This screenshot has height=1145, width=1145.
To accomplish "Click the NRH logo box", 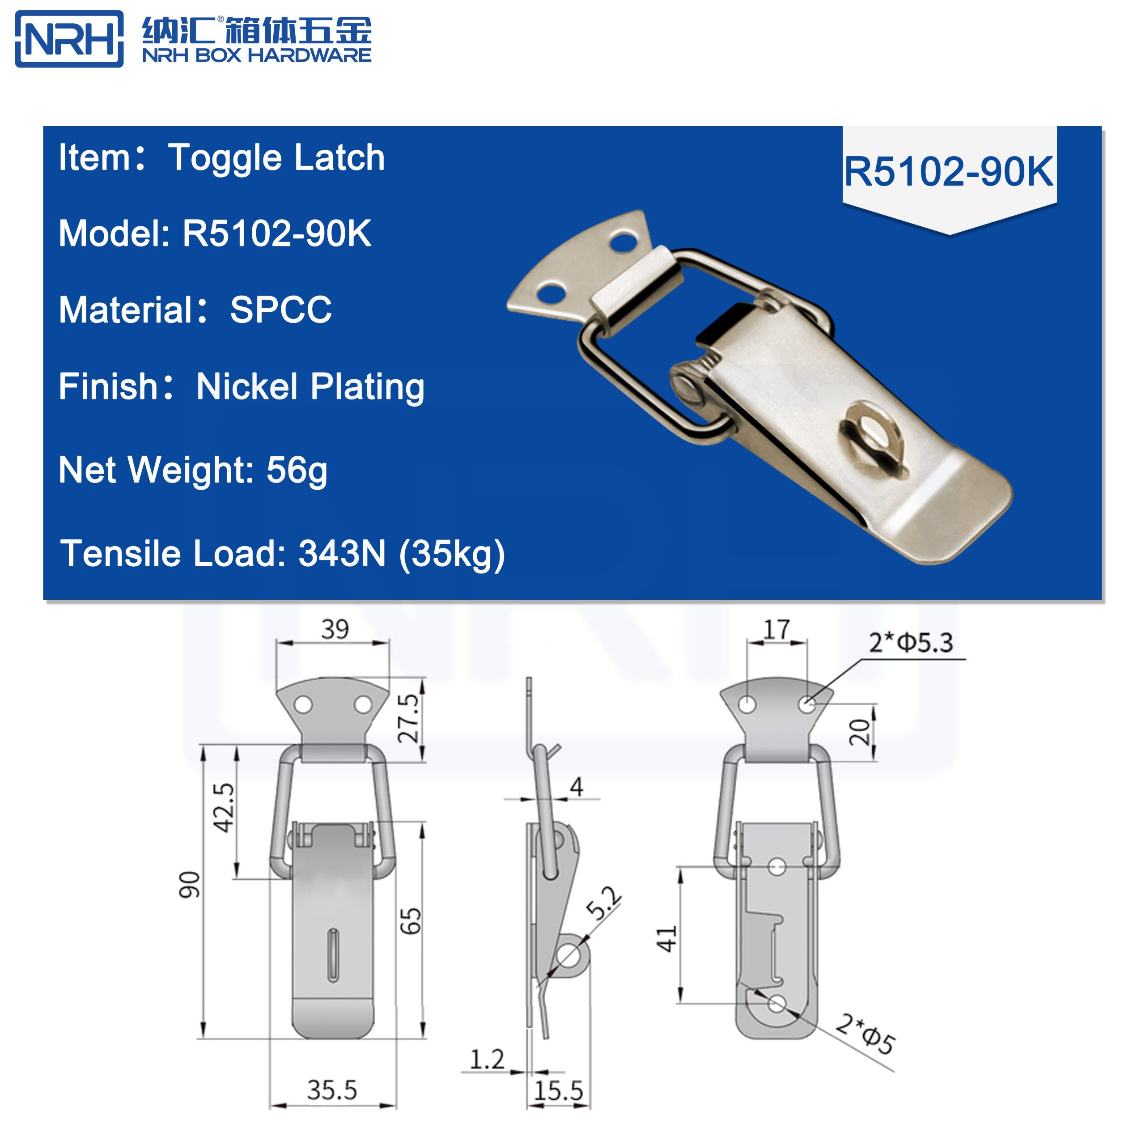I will (x=69, y=38).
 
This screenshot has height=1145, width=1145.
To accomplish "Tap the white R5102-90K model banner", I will (x=948, y=172).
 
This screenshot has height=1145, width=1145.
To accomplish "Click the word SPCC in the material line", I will (x=280, y=310).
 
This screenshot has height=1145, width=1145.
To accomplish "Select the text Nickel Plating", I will (x=310, y=387).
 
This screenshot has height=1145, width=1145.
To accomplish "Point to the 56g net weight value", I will (x=297, y=470).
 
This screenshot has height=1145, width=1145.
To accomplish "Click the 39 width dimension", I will (x=335, y=629).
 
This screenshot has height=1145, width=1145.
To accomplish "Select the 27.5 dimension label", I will (x=408, y=718).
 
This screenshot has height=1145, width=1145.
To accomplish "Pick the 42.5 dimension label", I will (x=224, y=807).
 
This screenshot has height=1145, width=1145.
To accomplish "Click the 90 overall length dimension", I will (x=190, y=884).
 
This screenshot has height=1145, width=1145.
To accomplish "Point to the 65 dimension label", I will (x=411, y=921).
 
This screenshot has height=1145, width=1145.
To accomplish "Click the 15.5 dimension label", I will (x=558, y=1091).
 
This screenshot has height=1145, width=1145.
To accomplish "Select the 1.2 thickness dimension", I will (x=487, y=1060).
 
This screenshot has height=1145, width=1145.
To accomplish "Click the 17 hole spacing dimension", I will (x=776, y=629).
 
